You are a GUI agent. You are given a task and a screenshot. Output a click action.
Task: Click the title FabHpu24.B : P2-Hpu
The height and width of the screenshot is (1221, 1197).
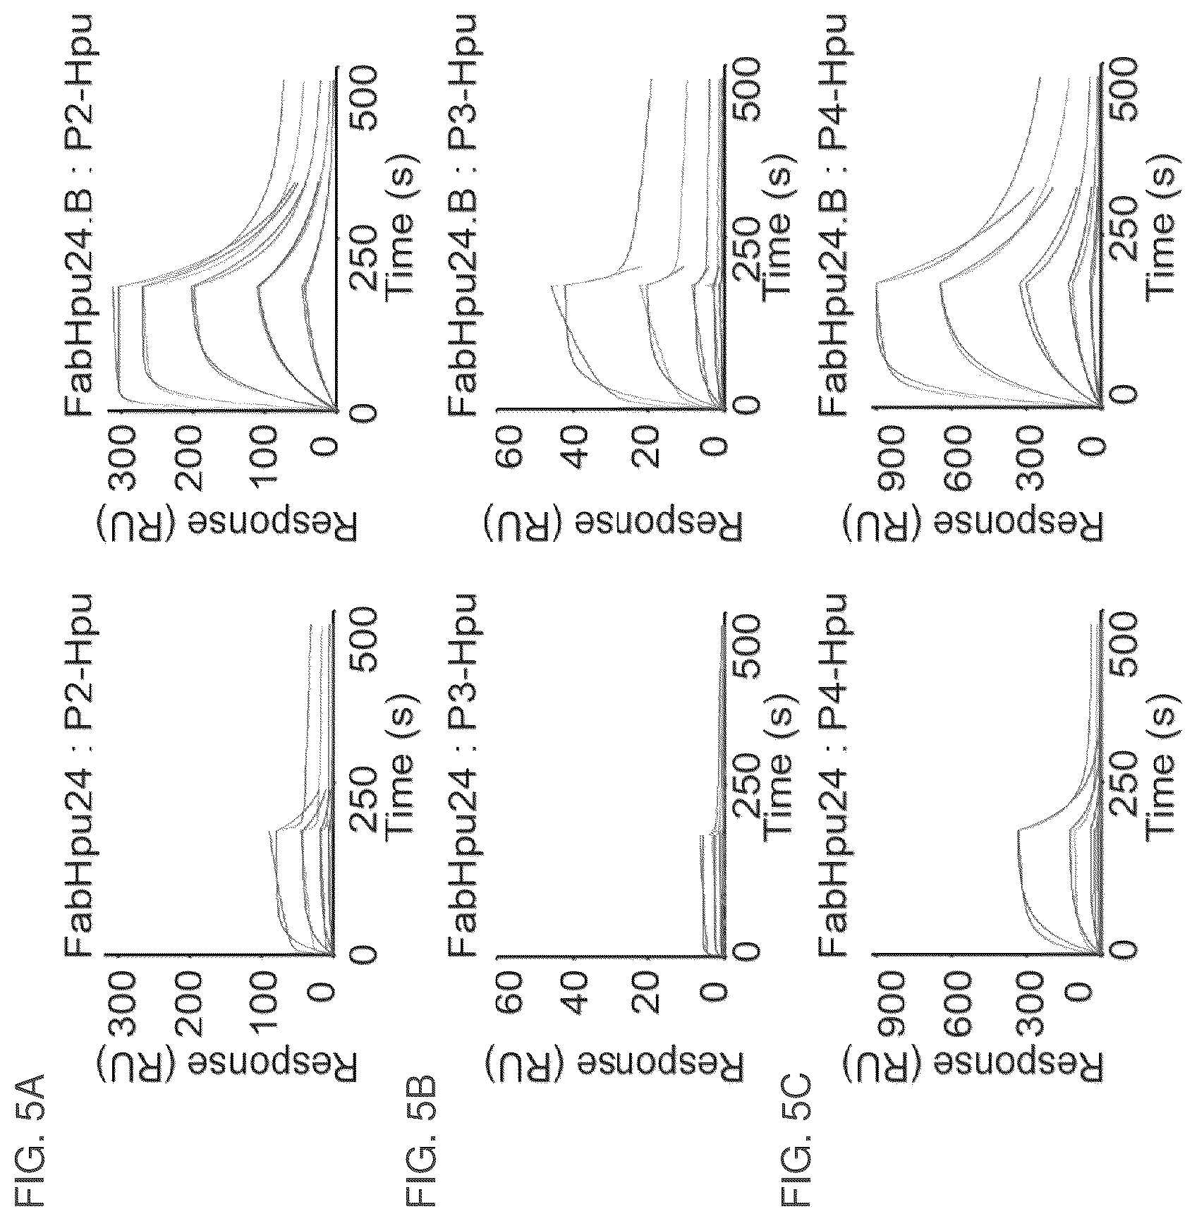click(x=80, y=214)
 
